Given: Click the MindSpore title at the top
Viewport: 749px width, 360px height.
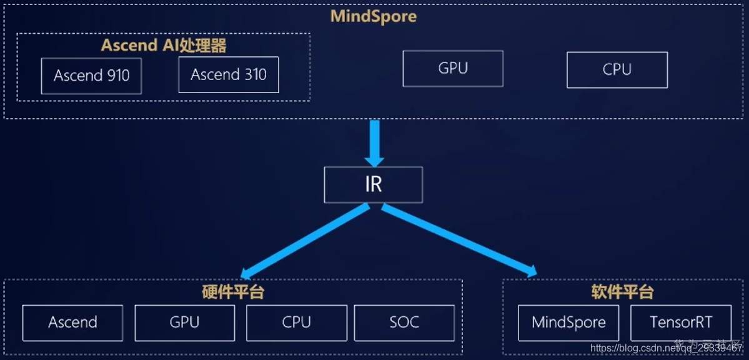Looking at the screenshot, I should point(374,16).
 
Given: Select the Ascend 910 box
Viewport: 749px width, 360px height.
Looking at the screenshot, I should point(91,76).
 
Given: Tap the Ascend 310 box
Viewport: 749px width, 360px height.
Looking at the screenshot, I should point(228,75).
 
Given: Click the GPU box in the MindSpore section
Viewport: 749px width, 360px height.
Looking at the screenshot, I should point(453,69).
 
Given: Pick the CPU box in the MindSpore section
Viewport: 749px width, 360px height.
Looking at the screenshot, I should point(617,69).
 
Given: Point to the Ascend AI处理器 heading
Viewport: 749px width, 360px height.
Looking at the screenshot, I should point(164,46).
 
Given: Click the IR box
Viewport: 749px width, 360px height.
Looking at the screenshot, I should point(373,185).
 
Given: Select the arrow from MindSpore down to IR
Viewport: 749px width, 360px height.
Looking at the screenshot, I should point(374,142).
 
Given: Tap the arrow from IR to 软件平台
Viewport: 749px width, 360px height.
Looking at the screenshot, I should point(459,241).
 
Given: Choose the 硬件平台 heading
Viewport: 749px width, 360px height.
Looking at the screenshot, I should point(233,292).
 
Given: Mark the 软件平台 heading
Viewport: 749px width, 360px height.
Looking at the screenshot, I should point(622,292).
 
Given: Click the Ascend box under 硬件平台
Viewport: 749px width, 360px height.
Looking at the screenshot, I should point(72,322).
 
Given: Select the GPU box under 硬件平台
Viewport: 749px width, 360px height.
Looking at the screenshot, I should point(184,322).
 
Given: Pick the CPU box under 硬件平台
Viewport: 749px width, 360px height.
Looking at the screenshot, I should point(296,322).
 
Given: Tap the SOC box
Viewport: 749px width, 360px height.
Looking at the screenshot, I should point(404,322).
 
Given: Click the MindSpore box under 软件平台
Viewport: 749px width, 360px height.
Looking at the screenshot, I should point(568,322).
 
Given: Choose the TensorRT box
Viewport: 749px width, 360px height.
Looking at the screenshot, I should point(681,322).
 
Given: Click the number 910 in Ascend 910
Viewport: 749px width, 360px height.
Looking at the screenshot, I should point(117,76).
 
